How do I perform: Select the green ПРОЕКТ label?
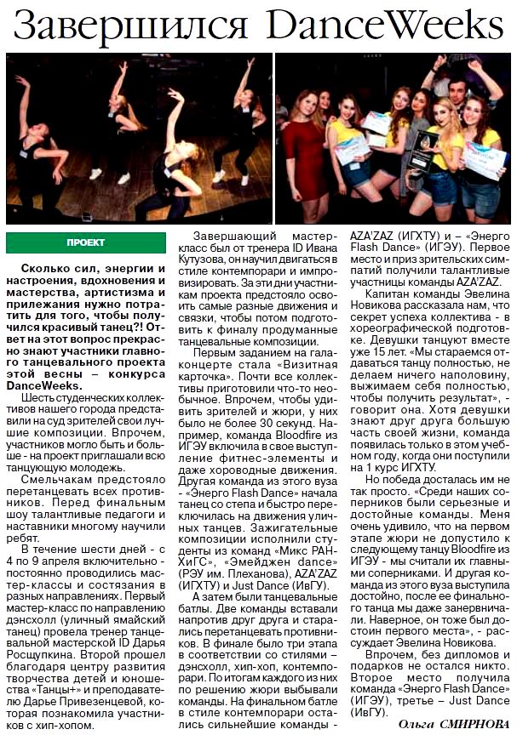85,242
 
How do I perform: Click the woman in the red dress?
307,153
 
